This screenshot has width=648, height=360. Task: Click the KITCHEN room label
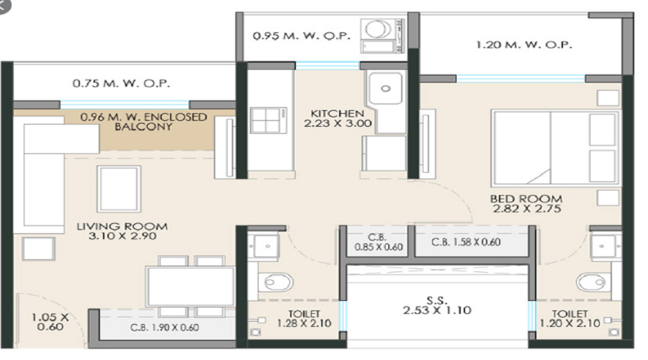[x=338, y=113]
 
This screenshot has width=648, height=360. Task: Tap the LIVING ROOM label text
[x=122, y=227]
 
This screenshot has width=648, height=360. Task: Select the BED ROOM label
[x=526, y=199]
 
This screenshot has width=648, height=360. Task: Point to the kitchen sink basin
[x=385, y=88]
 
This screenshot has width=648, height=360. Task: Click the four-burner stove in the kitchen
[x=269, y=120]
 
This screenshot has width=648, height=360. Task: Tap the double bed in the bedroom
[x=555, y=148]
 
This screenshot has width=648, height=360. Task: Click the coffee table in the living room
[x=119, y=189]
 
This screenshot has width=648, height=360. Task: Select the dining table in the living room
[x=190, y=287]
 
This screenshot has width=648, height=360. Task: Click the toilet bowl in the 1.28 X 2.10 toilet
[x=275, y=283]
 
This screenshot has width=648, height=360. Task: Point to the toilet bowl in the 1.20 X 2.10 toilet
[x=593, y=283]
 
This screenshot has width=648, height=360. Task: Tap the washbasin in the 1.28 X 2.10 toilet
[x=264, y=246]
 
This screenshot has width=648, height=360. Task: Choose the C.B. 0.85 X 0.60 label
[x=378, y=242]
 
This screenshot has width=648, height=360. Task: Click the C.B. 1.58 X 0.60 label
[x=466, y=242]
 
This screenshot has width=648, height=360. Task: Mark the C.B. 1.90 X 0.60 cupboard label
[x=164, y=328]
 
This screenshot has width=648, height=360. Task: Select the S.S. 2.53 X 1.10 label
[x=437, y=305]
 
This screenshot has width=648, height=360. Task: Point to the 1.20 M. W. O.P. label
[x=524, y=45]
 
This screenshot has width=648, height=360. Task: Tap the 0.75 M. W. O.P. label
[x=121, y=84]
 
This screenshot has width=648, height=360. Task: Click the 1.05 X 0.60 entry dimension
[x=50, y=322]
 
